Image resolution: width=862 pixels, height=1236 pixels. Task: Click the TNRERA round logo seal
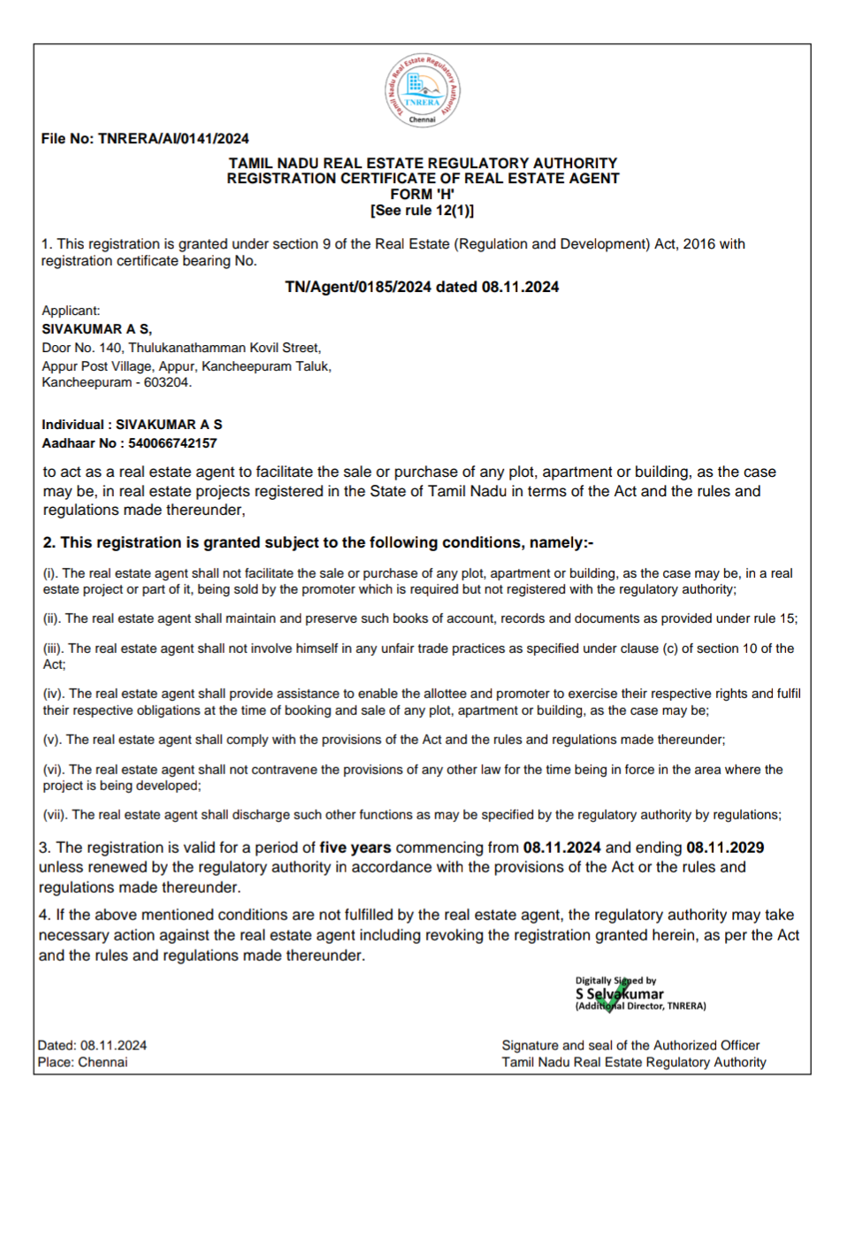click(x=423, y=90)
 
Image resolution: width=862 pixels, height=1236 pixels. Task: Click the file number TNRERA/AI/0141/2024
click(x=173, y=139)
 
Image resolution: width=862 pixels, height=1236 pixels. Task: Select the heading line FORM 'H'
click(x=423, y=195)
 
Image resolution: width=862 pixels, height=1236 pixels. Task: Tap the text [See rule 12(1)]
click(x=423, y=211)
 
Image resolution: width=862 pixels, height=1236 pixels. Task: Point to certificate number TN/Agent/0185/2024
click(x=358, y=287)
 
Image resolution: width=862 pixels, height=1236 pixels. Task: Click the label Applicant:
click(x=71, y=311)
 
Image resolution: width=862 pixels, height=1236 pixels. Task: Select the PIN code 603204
click(x=166, y=382)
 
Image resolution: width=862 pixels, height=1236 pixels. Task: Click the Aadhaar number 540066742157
click(x=172, y=443)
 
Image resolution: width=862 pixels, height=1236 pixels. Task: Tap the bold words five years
click(x=355, y=848)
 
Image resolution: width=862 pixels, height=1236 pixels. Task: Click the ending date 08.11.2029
click(x=725, y=848)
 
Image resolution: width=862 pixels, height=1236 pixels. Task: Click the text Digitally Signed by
click(x=615, y=980)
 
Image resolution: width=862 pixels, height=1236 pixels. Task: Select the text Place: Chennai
click(x=82, y=1063)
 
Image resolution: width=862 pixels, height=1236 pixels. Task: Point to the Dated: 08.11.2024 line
click(x=92, y=1046)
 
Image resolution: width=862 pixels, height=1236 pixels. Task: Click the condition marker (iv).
click(x=53, y=694)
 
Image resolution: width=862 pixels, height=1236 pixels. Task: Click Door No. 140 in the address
click(x=82, y=348)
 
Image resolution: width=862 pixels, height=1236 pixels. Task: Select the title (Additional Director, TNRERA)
click(x=640, y=1006)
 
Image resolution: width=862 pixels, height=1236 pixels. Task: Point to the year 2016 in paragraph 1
click(x=699, y=244)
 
